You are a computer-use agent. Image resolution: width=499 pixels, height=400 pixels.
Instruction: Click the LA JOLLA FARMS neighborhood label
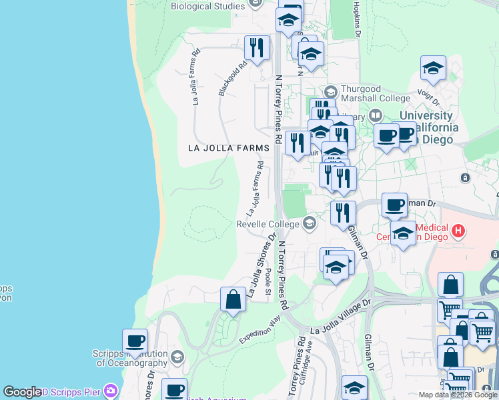(x=219, y=147)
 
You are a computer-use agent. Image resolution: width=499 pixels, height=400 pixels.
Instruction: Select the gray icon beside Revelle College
(x=309, y=223)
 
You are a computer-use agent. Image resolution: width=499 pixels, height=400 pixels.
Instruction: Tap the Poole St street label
(x=268, y=283)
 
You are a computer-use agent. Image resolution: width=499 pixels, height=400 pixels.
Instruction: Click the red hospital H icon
(x=458, y=231)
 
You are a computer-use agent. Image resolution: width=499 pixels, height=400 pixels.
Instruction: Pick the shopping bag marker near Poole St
(x=233, y=299)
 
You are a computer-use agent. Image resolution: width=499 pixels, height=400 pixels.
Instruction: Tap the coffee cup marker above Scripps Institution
(x=135, y=341)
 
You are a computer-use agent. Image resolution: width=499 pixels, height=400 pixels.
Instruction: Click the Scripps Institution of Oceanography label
(x=132, y=359)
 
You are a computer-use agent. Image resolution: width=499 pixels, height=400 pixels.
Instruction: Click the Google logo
(x=23, y=392)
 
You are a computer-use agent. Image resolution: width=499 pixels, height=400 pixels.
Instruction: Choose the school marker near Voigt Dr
(x=433, y=68)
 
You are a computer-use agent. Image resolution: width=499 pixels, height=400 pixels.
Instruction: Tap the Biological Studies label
(x=207, y=7)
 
